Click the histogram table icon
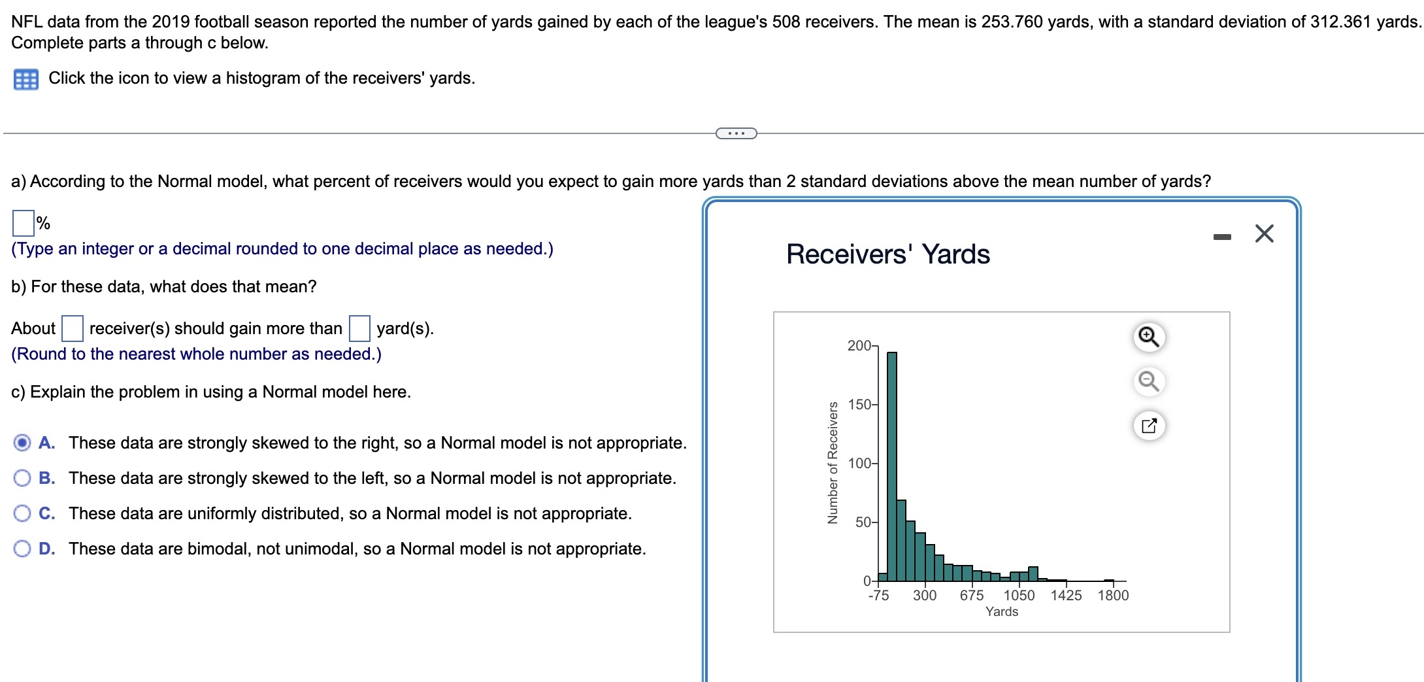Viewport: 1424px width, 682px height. pos(25,79)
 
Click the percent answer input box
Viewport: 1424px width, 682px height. pos(23,223)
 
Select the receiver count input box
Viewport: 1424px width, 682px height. pos(72,328)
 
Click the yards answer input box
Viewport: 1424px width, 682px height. pos(359,328)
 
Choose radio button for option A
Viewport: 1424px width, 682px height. pos(22,443)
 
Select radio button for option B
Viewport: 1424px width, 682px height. pos(22,478)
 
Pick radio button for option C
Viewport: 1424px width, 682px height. pos(22,513)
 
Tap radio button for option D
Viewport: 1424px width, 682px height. pos(22,549)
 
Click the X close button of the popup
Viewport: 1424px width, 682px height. pos(1264,233)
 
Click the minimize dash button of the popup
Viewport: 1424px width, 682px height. pos(1222,237)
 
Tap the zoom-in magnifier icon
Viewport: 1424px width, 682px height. pos(1149,337)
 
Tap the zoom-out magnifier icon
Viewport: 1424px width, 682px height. pos(1149,381)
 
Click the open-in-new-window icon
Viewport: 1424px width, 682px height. pos(1149,426)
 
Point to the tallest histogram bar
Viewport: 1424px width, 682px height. pos(892,466)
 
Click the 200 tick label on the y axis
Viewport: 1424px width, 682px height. pos(859,345)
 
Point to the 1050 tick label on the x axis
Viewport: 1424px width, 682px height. pos(1019,595)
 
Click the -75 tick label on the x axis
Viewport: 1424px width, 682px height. pos(878,595)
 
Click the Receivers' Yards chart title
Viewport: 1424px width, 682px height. pos(888,254)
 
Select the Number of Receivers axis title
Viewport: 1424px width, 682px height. pos(833,463)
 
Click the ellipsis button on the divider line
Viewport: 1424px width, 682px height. pos(737,133)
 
